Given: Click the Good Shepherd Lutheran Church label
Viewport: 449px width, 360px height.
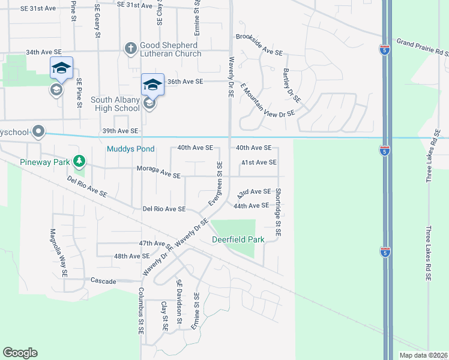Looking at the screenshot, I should pyautogui.click(x=170, y=49).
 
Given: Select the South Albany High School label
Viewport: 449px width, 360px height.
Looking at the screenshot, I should pyautogui.click(x=115, y=104).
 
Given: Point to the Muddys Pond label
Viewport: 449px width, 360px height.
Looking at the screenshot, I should pyautogui.click(x=130, y=149).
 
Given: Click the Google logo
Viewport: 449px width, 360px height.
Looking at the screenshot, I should pyautogui.click(x=20, y=353).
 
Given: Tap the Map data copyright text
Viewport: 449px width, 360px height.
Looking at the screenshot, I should pyautogui.click(x=423, y=355).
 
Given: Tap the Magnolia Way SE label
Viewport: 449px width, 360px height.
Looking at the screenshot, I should pyautogui.click(x=58, y=252).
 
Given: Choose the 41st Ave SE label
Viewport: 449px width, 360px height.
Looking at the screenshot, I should pyautogui.click(x=258, y=163).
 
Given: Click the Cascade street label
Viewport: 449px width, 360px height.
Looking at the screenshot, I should pyautogui.click(x=103, y=280).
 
